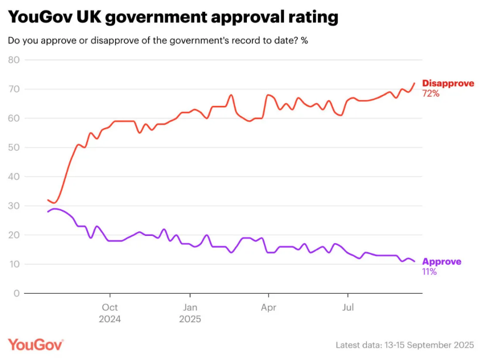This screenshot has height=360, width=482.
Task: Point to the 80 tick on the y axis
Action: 13,60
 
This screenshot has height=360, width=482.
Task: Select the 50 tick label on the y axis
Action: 13,147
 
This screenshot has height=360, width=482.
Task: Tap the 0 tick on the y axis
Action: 17,293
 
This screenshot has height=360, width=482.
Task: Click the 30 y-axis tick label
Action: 13,206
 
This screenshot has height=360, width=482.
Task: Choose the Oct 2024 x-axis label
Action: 110,313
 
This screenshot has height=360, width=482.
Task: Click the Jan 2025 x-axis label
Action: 190,313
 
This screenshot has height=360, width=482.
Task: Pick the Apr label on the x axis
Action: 269,308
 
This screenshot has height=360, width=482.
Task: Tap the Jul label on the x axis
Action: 348,308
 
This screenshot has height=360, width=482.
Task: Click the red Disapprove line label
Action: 448,83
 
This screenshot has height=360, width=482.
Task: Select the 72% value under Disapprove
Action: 431,93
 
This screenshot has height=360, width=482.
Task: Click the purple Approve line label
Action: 441,262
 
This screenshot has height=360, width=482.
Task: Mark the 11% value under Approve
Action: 430,272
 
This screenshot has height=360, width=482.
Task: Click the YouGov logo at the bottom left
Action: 36,344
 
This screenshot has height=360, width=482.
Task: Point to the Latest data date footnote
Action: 405,345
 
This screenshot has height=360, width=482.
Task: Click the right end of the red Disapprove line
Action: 414,83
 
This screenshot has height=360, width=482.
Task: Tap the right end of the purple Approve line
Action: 414,262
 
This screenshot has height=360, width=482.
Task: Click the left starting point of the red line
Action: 48,200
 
